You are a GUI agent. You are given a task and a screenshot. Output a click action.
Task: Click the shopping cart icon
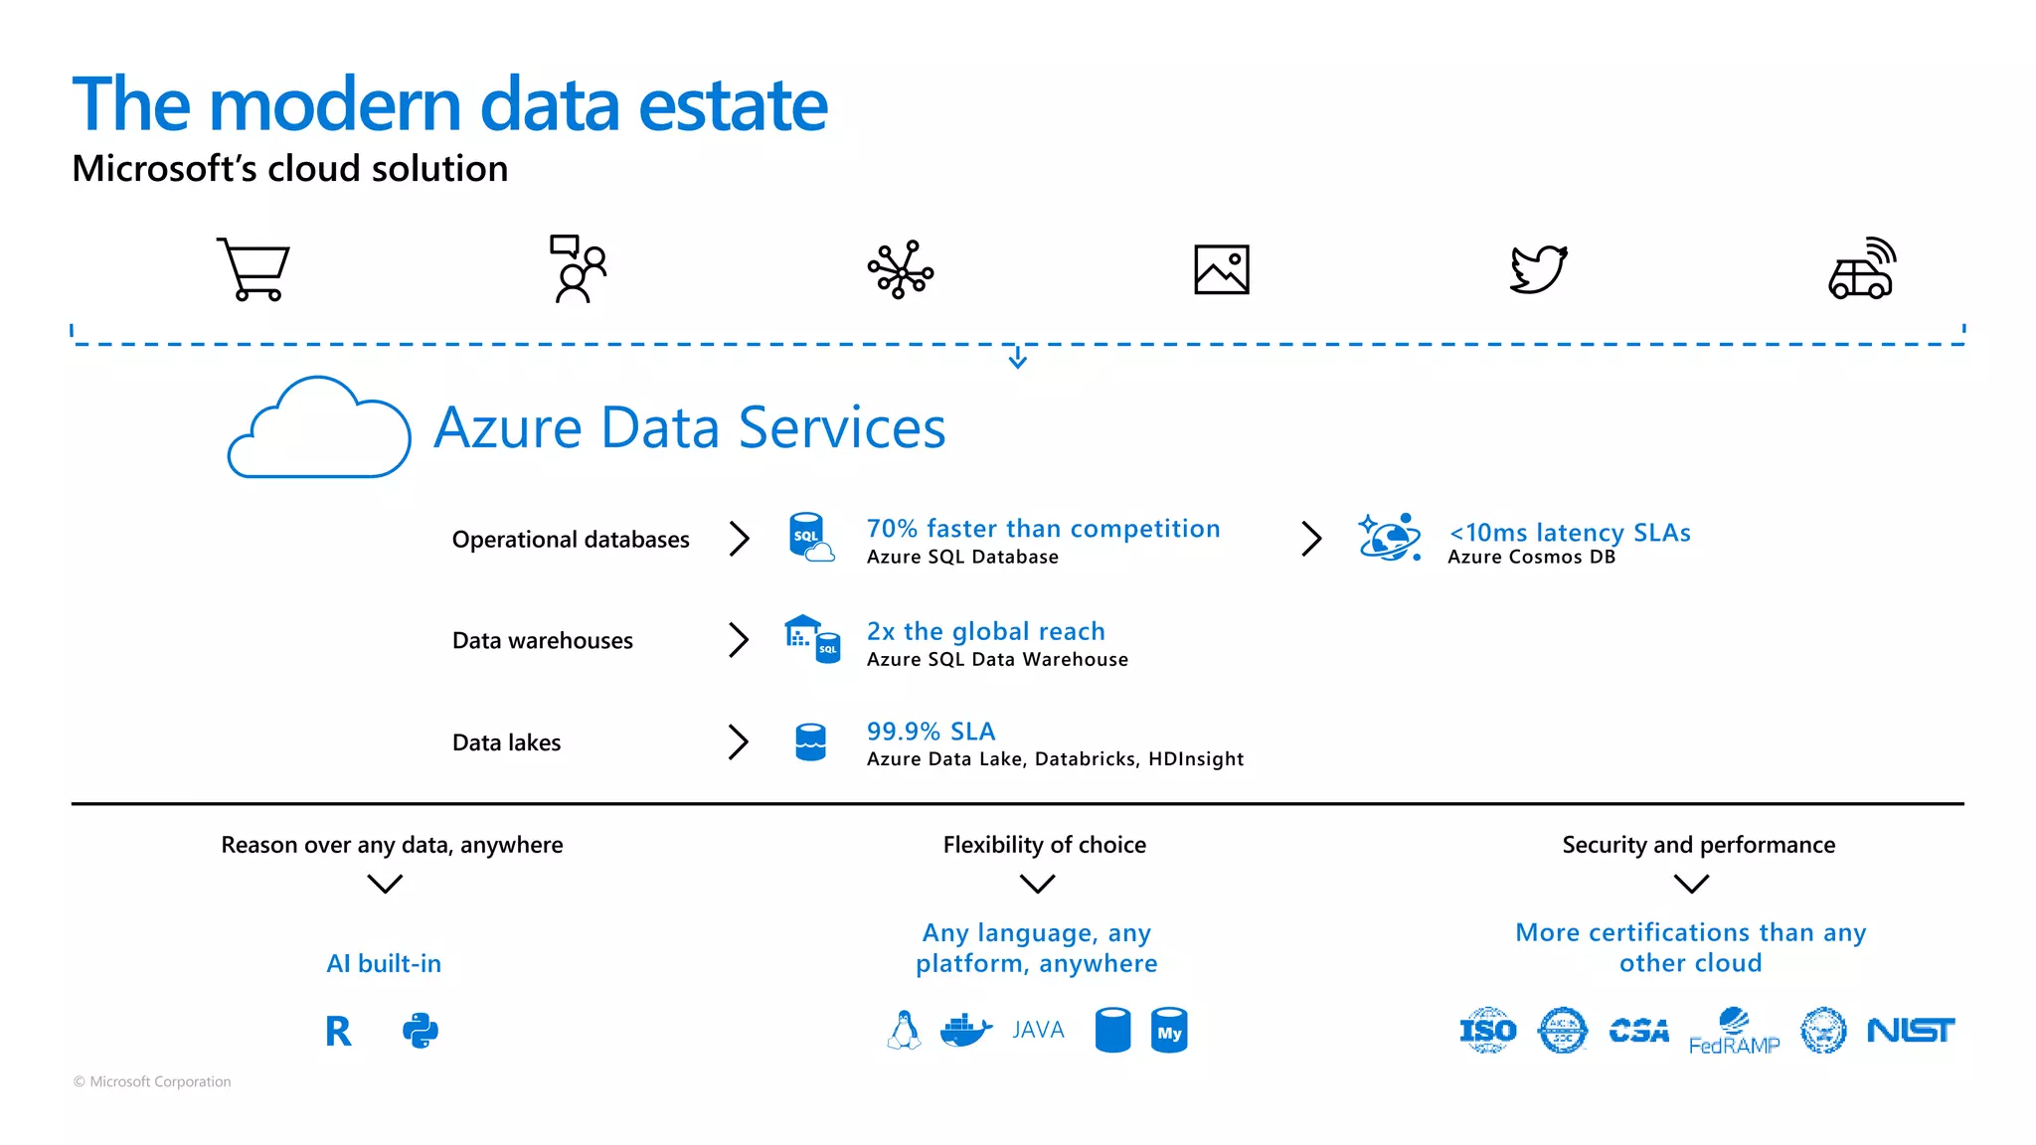(x=254, y=269)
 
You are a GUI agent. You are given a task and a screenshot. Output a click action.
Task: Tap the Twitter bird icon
(x=1538, y=269)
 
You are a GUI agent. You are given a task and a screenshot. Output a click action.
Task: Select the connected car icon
(x=1862, y=269)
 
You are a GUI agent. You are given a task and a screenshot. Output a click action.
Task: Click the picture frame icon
(x=1221, y=269)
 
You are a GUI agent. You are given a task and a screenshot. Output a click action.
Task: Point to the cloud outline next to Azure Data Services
(x=318, y=429)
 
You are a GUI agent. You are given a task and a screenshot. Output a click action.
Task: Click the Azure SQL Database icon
(x=809, y=538)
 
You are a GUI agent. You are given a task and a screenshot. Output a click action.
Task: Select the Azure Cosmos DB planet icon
(x=1389, y=538)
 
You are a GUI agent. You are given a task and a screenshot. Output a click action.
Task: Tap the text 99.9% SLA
(x=931, y=732)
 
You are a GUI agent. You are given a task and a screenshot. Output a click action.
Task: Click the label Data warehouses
(x=542, y=641)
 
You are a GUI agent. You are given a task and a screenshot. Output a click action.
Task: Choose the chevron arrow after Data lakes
(x=738, y=741)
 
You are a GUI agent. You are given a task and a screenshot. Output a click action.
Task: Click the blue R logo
(x=338, y=1032)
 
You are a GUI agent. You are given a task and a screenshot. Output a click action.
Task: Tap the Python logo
(x=421, y=1032)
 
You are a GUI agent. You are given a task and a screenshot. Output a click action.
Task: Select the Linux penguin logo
(x=904, y=1031)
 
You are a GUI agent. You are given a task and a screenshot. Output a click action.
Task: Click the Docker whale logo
(x=965, y=1031)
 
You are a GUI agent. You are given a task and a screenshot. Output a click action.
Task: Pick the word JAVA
(x=1038, y=1031)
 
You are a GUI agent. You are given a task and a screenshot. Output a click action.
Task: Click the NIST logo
(x=1910, y=1031)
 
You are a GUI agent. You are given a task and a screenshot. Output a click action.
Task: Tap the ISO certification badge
(x=1487, y=1031)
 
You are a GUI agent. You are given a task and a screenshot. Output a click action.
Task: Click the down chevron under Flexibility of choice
(x=1037, y=884)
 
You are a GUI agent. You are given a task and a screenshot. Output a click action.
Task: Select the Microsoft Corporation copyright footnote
(x=152, y=1081)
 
